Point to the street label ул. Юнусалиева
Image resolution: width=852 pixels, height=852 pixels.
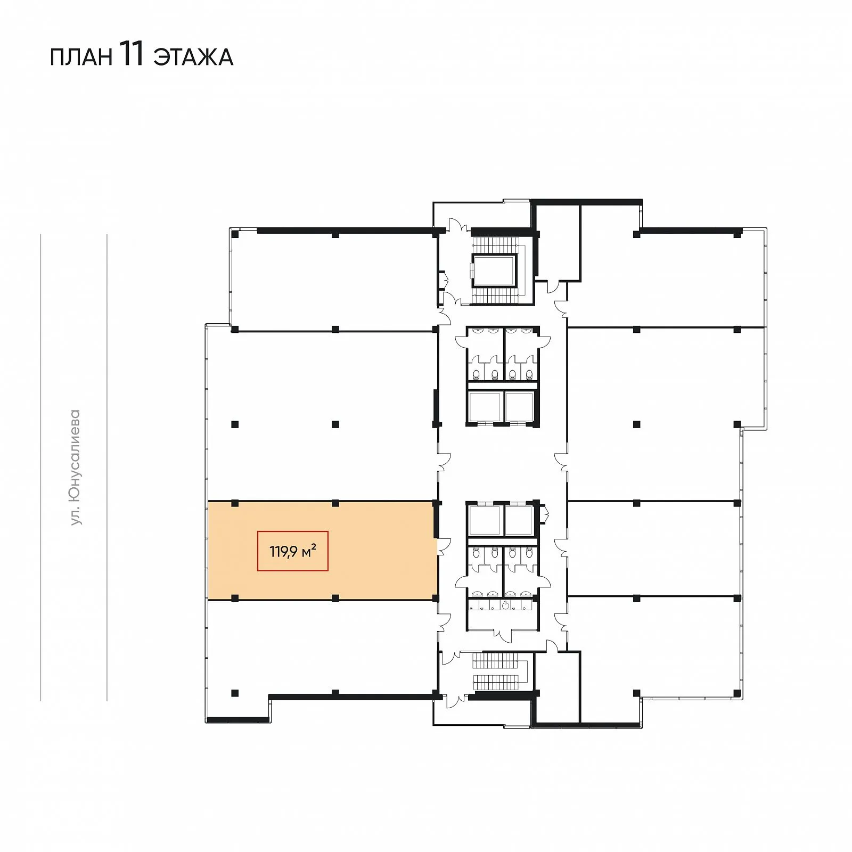(75, 467)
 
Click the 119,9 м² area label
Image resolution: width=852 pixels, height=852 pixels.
(293, 551)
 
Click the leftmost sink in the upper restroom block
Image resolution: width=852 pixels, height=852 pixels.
(478, 331)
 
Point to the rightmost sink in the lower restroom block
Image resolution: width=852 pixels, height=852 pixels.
(526, 593)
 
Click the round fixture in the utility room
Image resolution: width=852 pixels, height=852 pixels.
(505, 604)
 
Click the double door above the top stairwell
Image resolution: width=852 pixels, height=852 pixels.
(458, 226)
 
